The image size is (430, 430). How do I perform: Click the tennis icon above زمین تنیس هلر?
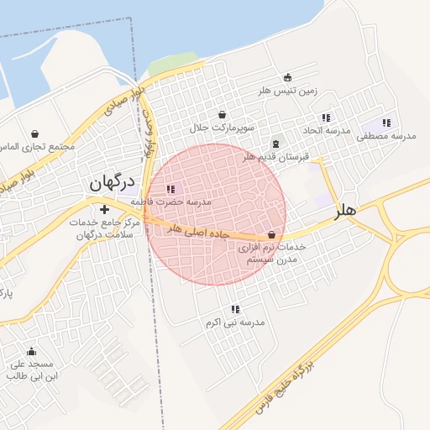pos(288,77)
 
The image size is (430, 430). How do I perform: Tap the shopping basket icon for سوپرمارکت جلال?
pos(222,115)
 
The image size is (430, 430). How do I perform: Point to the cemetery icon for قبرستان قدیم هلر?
pos(276,144)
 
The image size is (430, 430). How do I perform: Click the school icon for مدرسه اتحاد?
pos(326,118)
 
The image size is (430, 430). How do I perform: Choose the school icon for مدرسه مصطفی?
pos(387,123)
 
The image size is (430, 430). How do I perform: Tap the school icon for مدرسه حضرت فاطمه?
pos(172,190)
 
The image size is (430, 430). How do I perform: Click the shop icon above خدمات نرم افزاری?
pos(271,234)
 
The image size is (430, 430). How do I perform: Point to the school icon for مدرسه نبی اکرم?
pos(235,309)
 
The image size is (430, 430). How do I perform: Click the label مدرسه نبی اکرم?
pos(235,322)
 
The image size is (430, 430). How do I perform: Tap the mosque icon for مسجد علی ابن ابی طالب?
pos(32,351)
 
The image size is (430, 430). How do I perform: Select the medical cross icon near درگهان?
pos(104,209)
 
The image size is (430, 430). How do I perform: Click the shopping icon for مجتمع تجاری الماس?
pos(35,134)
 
